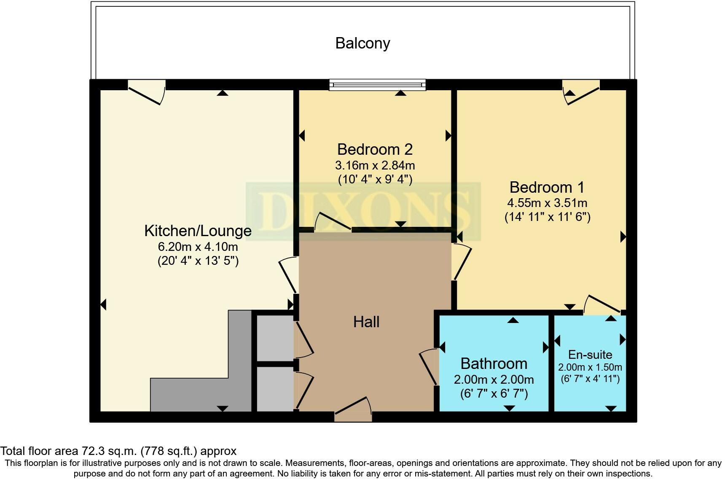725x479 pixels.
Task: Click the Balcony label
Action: coord(362,43)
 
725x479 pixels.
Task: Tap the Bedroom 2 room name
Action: coord(375,149)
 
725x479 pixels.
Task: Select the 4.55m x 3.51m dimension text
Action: coord(547,203)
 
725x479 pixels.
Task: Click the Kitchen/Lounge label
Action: coord(198,231)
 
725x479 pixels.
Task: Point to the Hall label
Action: coord(366,322)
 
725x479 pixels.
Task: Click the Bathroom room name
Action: coord(494,363)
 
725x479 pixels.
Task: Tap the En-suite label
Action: coord(590,354)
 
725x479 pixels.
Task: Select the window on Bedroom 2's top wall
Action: coord(377,85)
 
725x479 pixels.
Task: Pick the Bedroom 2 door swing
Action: coord(333,222)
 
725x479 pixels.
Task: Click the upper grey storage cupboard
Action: coord(275,337)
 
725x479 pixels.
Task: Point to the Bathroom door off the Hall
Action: coord(429,366)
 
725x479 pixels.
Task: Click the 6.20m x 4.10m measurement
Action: coord(198,247)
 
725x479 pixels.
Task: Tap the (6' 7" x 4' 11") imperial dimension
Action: coord(590,379)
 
